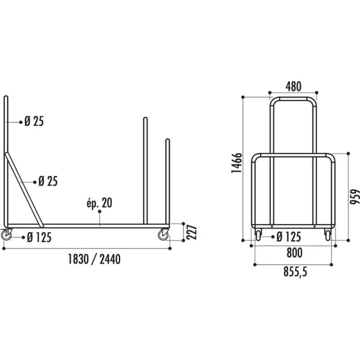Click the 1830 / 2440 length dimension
tap(94, 259)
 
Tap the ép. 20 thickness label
tap(100, 203)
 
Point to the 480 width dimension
tap(293, 85)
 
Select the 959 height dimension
tap(355, 196)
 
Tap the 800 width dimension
tap(294, 253)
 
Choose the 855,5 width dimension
tap(294, 272)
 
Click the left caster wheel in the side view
tap(6, 234)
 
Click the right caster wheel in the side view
tap(163, 234)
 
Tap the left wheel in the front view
tap(259, 234)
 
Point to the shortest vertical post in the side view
tap(168, 180)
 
